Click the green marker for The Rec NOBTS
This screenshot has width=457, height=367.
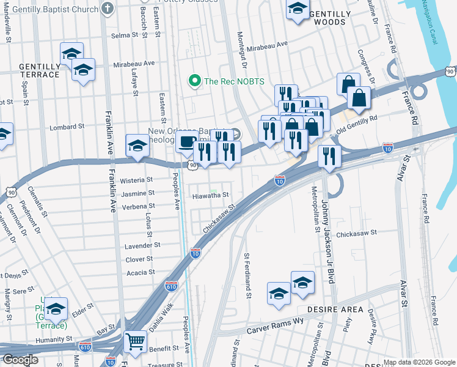point(195,81)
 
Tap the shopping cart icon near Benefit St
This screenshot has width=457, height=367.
point(135,341)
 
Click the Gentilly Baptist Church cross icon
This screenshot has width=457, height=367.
point(108,9)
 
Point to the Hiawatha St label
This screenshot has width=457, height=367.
point(210,195)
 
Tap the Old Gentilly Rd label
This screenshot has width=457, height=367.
point(355,124)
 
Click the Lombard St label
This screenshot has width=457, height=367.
point(67,127)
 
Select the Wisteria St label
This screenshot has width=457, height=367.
point(137,180)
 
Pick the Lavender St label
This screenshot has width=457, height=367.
point(142,245)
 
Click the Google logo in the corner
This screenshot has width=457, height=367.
point(20,360)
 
